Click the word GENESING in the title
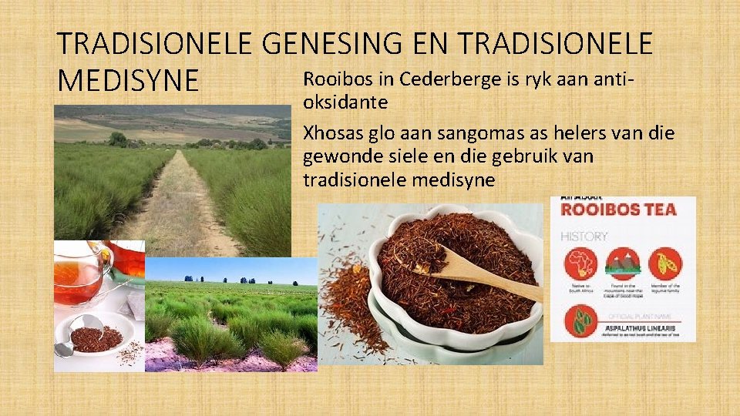tap(332, 45)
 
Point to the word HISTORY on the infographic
tap(584, 237)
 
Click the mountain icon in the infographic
tap(623, 264)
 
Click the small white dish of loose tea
tap(96, 336)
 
